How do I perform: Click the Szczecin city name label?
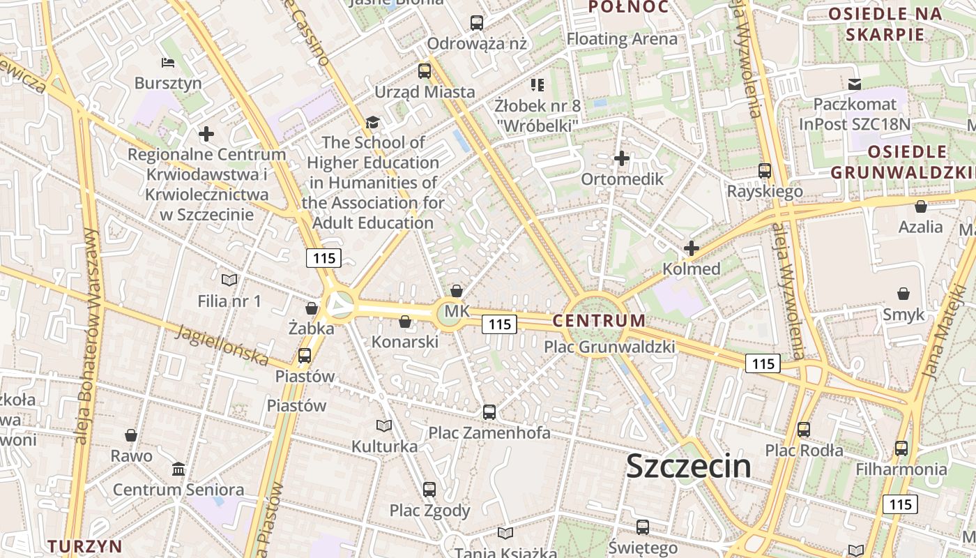[x=688, y=466]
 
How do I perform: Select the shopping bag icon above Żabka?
[x=312, y=308]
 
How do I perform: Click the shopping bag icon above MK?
[x=457, y=290]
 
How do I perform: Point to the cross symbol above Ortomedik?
[x=621, y=159]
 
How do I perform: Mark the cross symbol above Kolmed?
[x=691, y=248]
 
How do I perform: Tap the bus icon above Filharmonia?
[x=901, y=448]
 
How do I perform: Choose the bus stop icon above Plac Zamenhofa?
[x=489, y=412]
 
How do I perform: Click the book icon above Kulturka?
[x=384, y=425]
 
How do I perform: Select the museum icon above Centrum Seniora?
[x=178, y=469]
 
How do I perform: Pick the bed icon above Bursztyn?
[x=168, y=63]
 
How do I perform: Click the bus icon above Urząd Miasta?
[x=425, y=70]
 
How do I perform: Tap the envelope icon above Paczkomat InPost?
[x=855, y=84]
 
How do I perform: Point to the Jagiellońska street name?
[x=222, y=345]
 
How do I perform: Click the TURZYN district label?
[x=85, y=545]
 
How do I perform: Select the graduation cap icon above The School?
[x=373, y=123]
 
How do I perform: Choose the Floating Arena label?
[x=622, y=39]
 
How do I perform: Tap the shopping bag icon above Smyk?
[x=903, y=294]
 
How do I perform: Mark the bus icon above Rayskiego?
[x=765, y=170]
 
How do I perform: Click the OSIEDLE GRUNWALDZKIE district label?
[x=902, y=162]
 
